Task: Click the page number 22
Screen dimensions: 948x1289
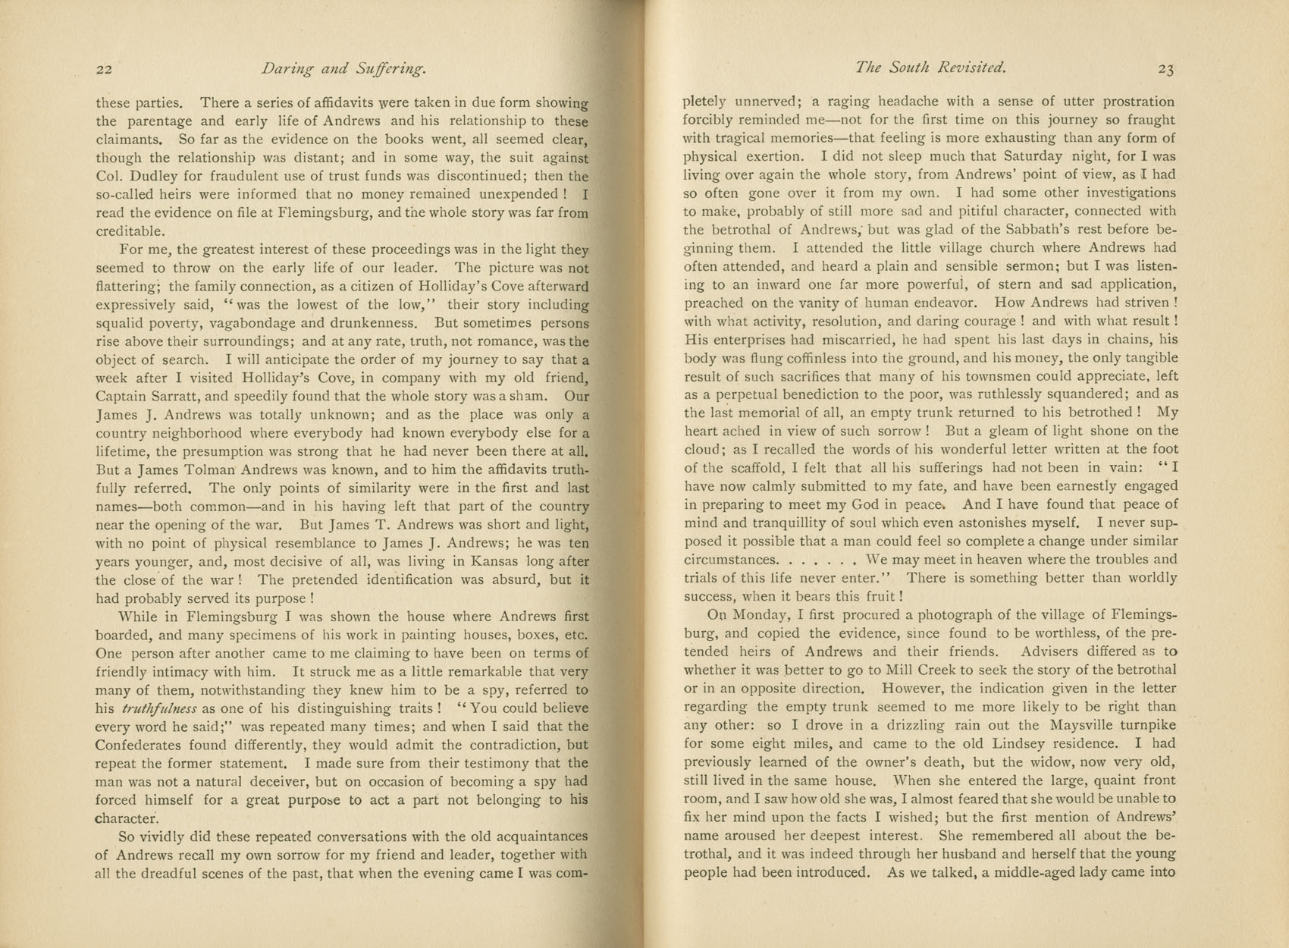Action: coord(105,70)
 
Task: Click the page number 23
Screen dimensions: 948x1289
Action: coord(1165,70)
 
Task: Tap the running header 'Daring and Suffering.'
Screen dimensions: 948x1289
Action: coord(343,69)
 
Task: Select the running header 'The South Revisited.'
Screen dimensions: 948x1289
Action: coord(930,67)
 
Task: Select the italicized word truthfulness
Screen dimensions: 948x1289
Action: coord(159,708)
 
